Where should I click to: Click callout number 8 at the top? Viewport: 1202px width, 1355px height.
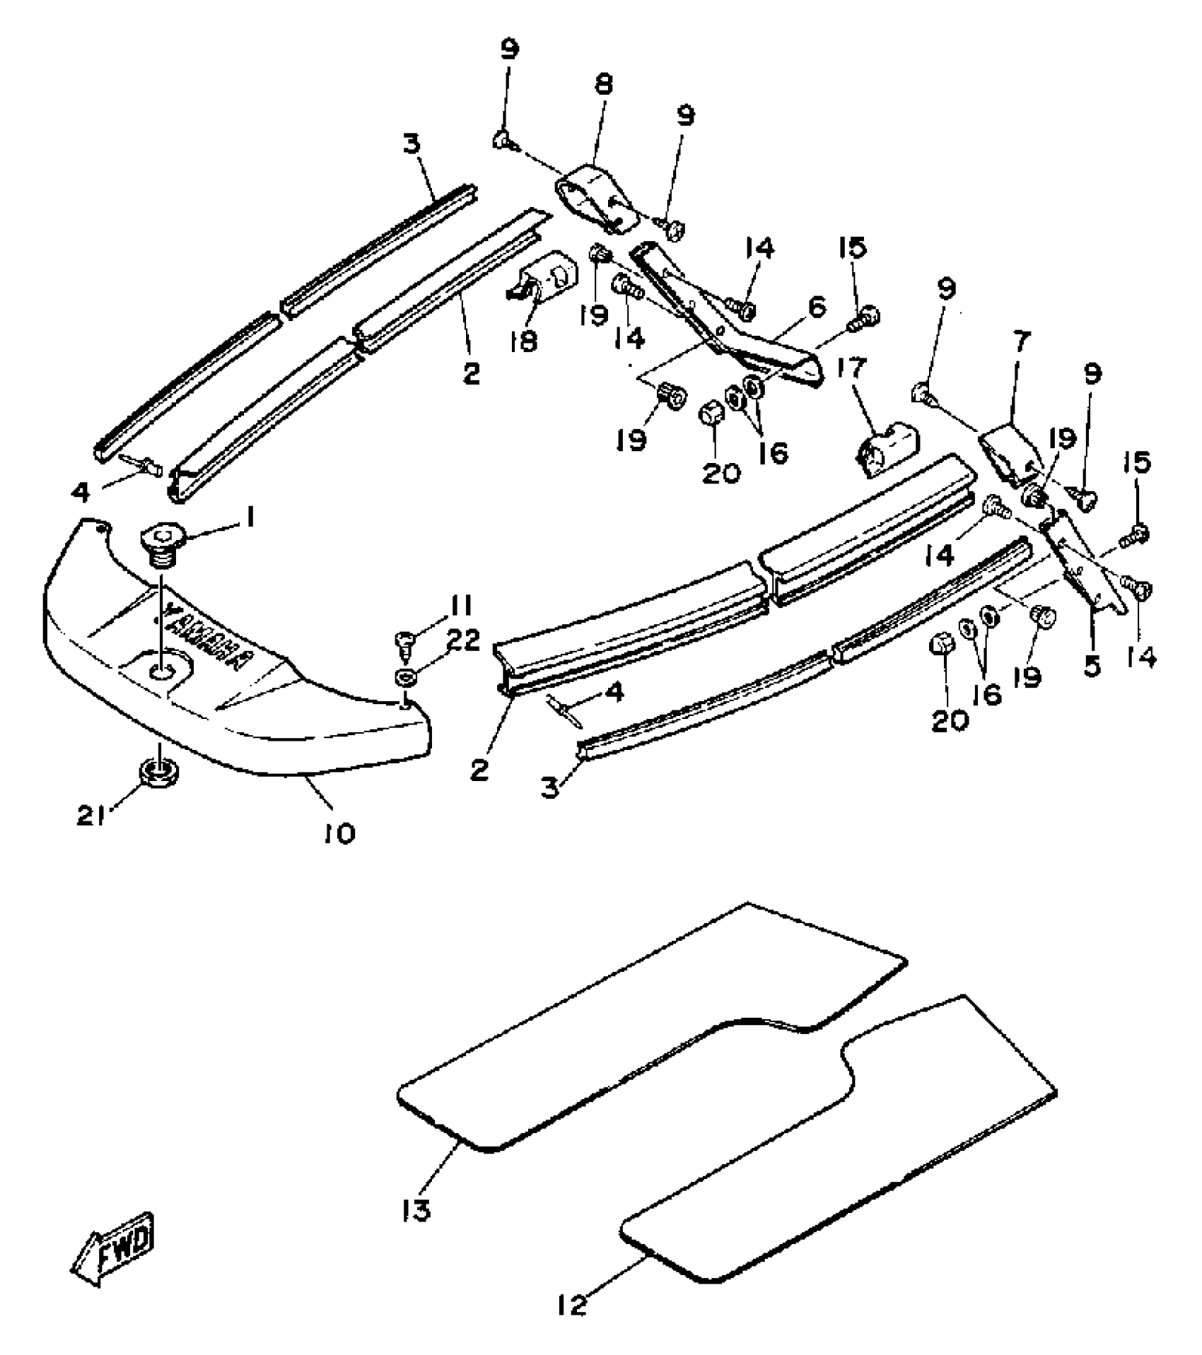click(x=603, y=85)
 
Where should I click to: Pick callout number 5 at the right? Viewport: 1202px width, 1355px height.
click(x=1092, y=665)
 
